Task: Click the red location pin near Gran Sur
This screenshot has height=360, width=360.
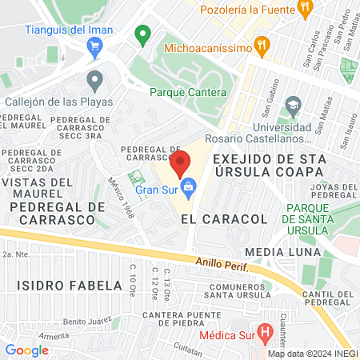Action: tap(180, 162)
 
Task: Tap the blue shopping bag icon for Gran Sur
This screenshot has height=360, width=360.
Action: tap(189, 190)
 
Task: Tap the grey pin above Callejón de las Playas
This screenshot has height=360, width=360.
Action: tap(95, 80)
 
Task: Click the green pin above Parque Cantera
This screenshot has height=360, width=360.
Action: tap(143, 34)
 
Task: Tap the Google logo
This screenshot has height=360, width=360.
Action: tap(27, 350)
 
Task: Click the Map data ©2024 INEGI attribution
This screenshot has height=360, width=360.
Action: tap(311, 354)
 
